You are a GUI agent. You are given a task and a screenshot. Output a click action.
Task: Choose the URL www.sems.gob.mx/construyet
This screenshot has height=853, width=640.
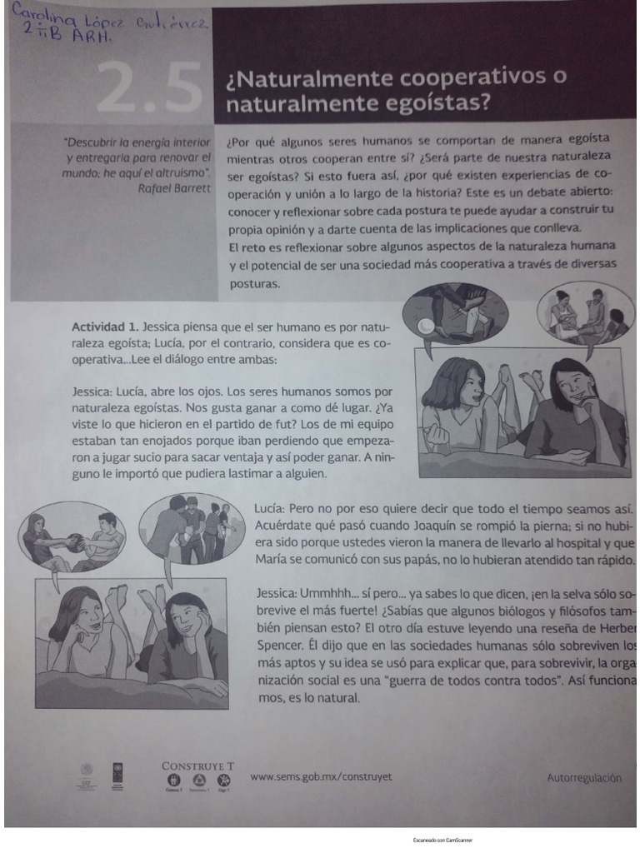pyautogui.click(x=321, y=776)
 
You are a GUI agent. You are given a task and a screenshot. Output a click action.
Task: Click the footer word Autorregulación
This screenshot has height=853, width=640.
pyautogui.click(x=584, y=778)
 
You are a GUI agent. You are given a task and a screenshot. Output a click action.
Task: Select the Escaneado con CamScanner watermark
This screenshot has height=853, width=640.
pyautogui.click(x=442, y=841)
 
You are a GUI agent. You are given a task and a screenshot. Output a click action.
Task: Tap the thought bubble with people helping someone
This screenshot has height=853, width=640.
pyautogui.click(x=586, y=314)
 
